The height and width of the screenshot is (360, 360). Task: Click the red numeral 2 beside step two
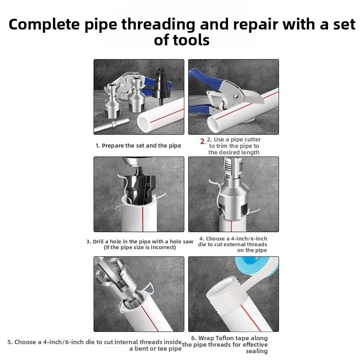pyautogui.click(x=203, y=141)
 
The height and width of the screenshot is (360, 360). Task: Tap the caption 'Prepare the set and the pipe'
pyautogui.click(x=138, y=146)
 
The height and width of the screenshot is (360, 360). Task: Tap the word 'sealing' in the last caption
pyautogui.click(x=257, y=351)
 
